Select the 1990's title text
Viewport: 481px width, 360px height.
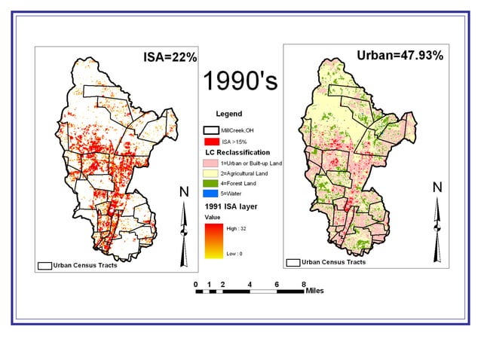coord(240,81)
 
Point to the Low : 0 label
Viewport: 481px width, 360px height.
coord(234,255)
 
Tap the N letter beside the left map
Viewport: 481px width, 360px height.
coord(183,192)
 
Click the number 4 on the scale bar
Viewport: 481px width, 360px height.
coord(250,284)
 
